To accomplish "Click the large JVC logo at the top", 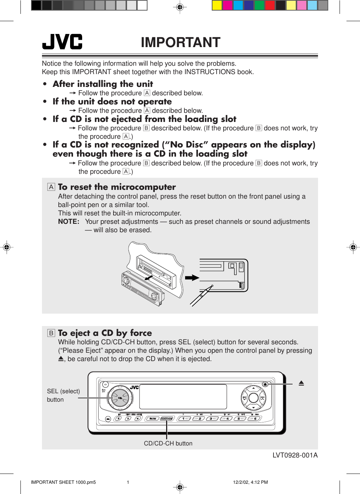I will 62,42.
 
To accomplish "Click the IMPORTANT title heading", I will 180,42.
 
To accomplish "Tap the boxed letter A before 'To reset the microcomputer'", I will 51,187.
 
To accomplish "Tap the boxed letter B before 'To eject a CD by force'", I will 51,333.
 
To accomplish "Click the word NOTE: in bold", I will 69,222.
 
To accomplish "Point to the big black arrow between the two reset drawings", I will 192,278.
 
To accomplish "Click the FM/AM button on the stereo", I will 153,418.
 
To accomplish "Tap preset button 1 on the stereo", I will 184,418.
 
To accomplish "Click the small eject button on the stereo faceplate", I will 265,384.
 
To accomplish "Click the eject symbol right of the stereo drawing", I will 301,383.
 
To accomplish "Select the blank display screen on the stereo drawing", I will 183,397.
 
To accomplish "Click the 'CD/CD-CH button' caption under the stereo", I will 168,443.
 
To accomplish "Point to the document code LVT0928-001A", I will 295,455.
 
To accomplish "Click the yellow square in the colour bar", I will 217,5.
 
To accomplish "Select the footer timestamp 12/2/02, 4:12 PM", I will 250,482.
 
